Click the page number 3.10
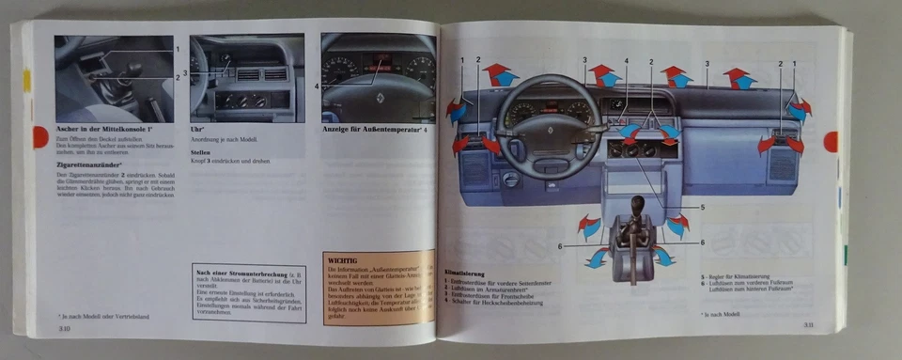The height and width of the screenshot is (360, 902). tap(65, 330)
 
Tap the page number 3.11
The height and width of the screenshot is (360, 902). tap(807, 325)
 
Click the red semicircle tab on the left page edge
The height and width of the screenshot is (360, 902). tap(39, 137)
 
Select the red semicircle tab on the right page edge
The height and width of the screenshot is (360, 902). tap(831, 142)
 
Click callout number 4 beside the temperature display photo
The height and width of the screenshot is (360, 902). tap(317, 86)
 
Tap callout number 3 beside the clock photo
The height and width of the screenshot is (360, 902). tap(186, 71)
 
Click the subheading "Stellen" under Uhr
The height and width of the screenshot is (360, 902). tap(199, 151)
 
